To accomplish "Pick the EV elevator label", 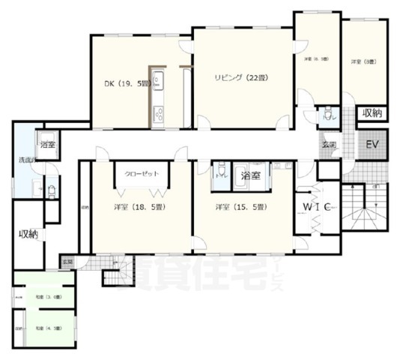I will point(372,145).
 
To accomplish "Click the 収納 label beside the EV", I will point(372,113).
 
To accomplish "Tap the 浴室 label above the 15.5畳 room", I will point(251,175).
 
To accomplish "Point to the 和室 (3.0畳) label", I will point(44,298).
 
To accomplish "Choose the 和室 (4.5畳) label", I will point(44,328).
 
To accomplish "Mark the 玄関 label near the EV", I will point(329,145).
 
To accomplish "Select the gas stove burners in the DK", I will point(159,115).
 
